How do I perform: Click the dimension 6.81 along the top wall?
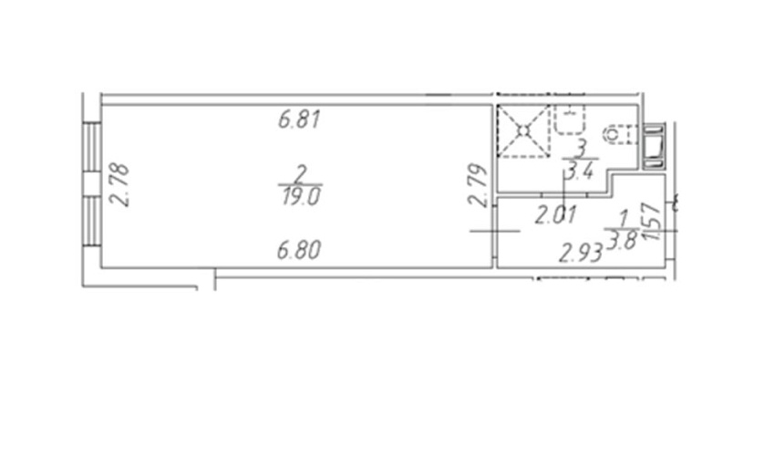click(x=300, y=120)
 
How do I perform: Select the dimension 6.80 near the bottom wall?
click(x=299, y=250)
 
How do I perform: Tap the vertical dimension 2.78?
click(x=119, y=185)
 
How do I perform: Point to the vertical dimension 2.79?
click(x=478, y=185)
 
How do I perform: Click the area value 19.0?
click(x=301, y=196)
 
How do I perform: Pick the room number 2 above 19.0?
click(x=300, y=174)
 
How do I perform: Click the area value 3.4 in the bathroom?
click(x=580, y=171)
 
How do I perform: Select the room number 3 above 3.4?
click(x=583, y=148)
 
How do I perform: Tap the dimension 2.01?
click(x=556, y=215)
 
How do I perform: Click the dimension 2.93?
click(x=581, y=254)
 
